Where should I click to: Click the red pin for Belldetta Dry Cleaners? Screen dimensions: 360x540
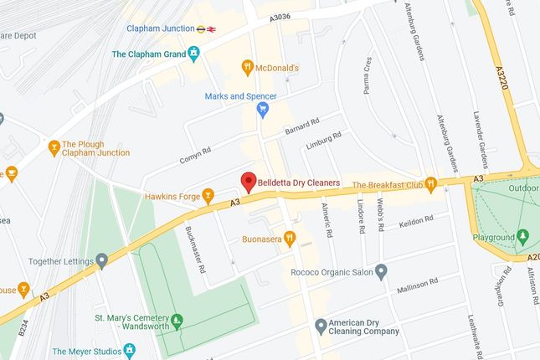[248, 181]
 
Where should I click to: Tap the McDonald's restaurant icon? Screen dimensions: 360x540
[247, 67]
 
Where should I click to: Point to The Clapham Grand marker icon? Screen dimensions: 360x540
[194, 54]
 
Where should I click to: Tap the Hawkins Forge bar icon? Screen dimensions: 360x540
[208, 196]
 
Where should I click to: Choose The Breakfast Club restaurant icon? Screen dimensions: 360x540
[430, 183]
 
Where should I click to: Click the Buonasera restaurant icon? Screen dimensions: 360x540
[290, 238]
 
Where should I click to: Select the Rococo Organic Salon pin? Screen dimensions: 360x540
[382, 270]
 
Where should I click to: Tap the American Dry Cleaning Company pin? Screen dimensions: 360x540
[320, 326]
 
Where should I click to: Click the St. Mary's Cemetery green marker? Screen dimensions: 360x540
[177, 320]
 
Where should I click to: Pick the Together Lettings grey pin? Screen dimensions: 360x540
[102, 260]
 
